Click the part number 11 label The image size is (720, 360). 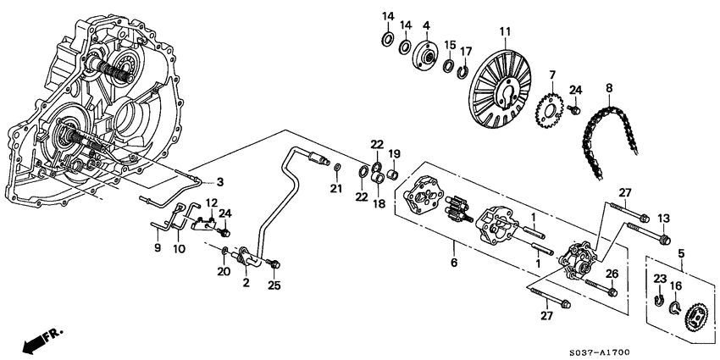coord(506,32)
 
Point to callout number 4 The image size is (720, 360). coord(426,25)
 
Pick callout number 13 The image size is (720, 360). coord(663,218)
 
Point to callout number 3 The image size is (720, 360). coord(219,182)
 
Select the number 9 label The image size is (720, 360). coord(155,248)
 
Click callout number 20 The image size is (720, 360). coord(224,272)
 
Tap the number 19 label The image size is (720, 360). coord(393,153)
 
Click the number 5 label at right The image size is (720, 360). coord(683,252)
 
